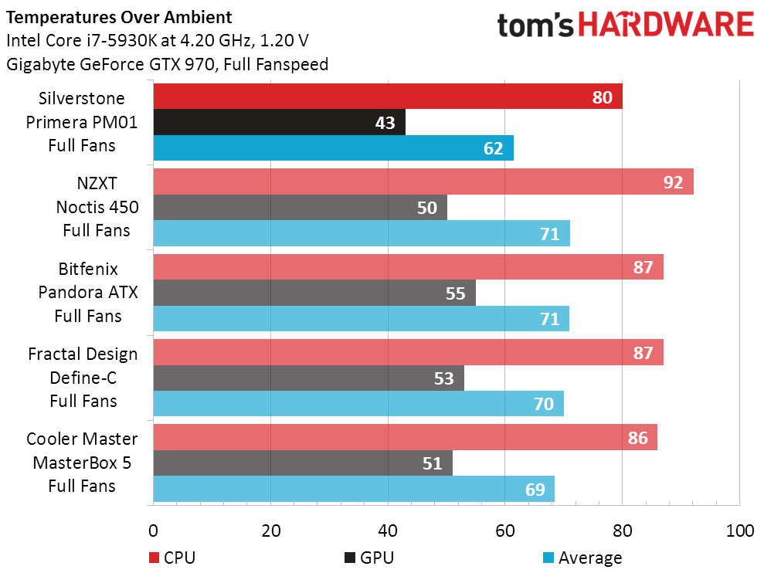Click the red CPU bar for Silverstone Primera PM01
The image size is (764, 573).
(x=386, y=97)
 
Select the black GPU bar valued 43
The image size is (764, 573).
(x=278, y=122)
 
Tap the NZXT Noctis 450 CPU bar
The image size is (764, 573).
(x=423, y=182)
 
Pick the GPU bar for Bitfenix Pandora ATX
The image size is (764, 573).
(x=314, y=293)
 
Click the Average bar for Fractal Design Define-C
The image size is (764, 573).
(x=358, y=403)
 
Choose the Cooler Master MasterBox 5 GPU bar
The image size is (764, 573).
(x=302, y=463)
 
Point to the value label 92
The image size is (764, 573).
(x=673, y=183)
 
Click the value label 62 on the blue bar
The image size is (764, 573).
(x=493, y=148)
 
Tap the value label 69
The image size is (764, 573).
(x=535, y=489)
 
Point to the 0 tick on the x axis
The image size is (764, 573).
(x=153, y=531)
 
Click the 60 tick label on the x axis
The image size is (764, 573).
(x=504, y=531)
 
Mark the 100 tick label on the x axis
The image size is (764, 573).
(x=739, y=531)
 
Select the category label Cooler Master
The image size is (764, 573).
(x=82, y=439)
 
